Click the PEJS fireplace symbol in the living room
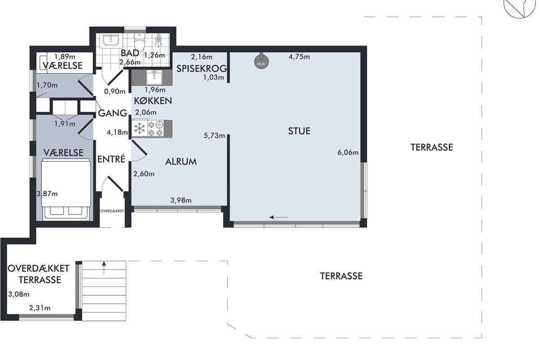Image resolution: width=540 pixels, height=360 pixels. coord(261,61)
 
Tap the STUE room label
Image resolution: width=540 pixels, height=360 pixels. coord(299,131)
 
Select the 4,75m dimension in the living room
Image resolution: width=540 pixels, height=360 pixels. coord(299,57)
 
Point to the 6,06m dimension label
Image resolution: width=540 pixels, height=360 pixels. coord(348,153)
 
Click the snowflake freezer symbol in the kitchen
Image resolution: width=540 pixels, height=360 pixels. coord(139,128)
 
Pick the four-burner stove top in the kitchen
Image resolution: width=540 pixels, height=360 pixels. coord(156,129)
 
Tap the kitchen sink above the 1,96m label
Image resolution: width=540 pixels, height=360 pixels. coord(154,77)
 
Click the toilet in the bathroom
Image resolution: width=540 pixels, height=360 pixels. coord(139,41)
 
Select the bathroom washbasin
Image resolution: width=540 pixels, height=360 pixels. coord(111,40)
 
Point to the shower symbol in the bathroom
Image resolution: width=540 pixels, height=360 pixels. coord(158,41)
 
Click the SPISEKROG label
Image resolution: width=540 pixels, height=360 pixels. coord(202,69)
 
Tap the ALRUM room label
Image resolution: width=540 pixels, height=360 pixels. coord(181,162)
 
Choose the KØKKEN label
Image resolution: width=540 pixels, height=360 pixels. coord(153,101)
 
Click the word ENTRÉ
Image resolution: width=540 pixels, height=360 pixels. coord(111,159)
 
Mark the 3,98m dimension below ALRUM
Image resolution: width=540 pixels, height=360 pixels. coord(181,200)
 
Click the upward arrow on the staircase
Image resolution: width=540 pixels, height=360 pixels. coord(104,268)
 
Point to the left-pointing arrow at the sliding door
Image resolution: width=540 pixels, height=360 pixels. coord(279,217)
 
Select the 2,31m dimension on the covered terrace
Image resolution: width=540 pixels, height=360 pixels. coord(40,308)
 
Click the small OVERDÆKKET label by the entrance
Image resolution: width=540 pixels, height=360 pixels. coord(112,211)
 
